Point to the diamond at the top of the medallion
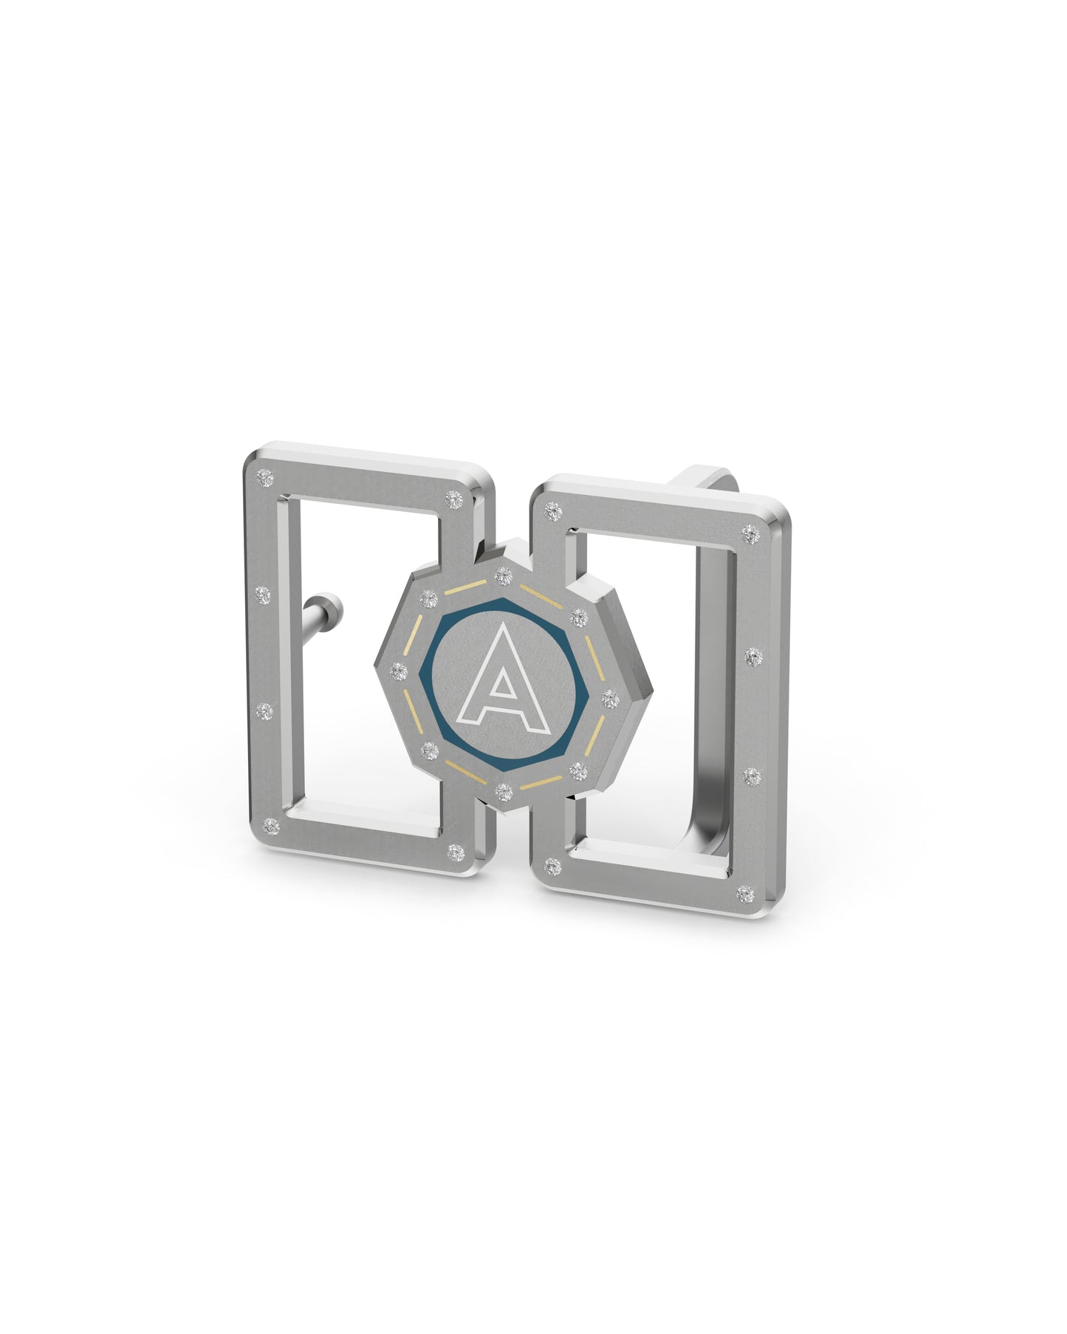click(503, 573)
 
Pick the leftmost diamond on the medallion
click(399, 671)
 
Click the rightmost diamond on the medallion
click(611, 696)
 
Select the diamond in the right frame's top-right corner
click(751, 532)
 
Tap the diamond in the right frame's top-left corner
click(551, 510)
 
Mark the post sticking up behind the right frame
click(705, 476)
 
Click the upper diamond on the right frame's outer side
click(752, 654)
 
